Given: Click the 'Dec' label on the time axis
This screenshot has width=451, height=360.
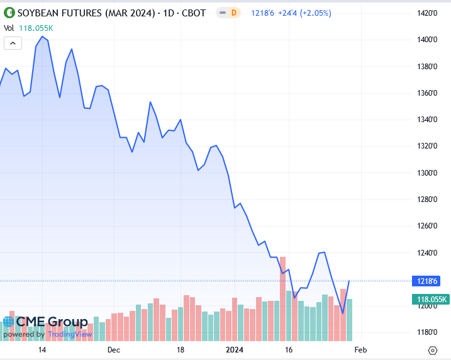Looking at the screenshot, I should point(113,349).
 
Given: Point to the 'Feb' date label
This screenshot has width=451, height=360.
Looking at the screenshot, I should point(360,349).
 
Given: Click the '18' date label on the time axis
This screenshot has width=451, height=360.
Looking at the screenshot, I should point(181,349).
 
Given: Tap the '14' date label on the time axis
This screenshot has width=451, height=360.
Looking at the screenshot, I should point(42,349).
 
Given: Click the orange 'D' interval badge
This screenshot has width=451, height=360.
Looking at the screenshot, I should point(234,13).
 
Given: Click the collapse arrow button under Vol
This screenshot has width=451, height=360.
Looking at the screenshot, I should point(13,43).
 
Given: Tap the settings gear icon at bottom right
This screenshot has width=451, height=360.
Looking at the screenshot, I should point(432,350).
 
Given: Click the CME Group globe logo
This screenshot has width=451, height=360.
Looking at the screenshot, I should point(8,322).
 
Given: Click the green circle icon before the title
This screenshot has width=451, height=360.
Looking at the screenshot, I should point(8,13).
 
